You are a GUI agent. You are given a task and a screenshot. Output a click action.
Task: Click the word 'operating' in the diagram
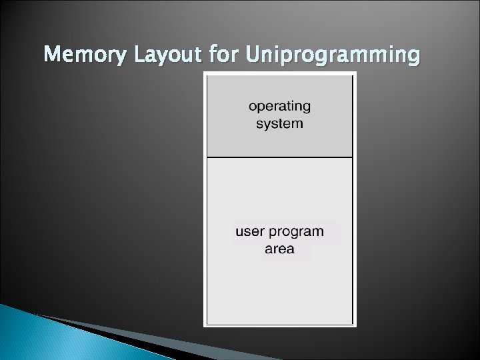pyautogui.click(x=279, y=107)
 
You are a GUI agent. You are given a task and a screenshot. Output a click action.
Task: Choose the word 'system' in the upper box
pyautogui.click(x=279, y=124)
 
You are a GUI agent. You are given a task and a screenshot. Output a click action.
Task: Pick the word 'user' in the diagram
pyautogui.click(x=249, y=231)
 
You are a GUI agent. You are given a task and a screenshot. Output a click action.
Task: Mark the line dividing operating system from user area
pyautogui.click(x=279, y=157)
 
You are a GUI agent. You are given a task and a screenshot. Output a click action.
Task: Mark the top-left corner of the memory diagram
pyautogui.click(x=207, y=75)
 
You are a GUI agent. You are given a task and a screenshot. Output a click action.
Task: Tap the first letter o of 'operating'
pyautogui.click(x=253, y=107)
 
